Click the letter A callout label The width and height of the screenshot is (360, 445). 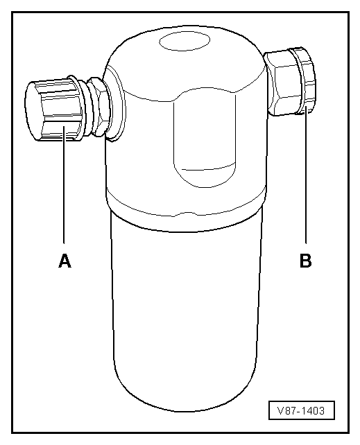click(65, 261)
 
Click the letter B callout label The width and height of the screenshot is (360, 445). click(305, 261)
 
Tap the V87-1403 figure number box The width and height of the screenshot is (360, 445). click(302, 410)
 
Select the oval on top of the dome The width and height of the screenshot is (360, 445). click(185, 41)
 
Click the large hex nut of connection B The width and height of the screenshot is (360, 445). click(283, 83)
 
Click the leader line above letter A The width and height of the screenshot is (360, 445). click(64, 185)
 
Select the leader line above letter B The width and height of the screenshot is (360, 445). click(306, 177)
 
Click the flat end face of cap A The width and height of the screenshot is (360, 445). click(33, 111)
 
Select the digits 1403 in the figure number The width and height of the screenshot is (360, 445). click(312, 410)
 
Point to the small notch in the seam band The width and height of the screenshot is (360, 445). click(184, 214)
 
